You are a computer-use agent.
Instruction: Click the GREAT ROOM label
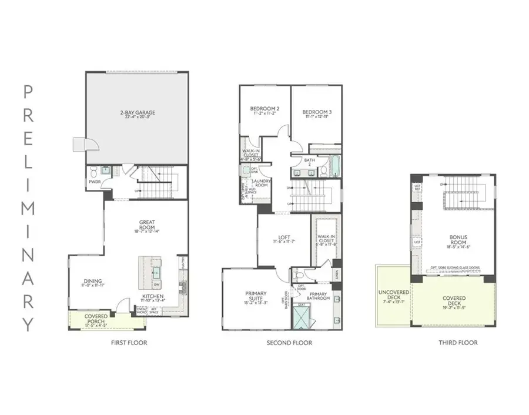tap(147, 223)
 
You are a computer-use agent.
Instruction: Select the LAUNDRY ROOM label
tap(261, 183)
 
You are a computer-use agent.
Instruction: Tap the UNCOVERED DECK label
tap(392, 293)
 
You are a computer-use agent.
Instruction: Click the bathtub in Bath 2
tap(334, 166)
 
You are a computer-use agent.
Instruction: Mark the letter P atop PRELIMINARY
tap(28, 91)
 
